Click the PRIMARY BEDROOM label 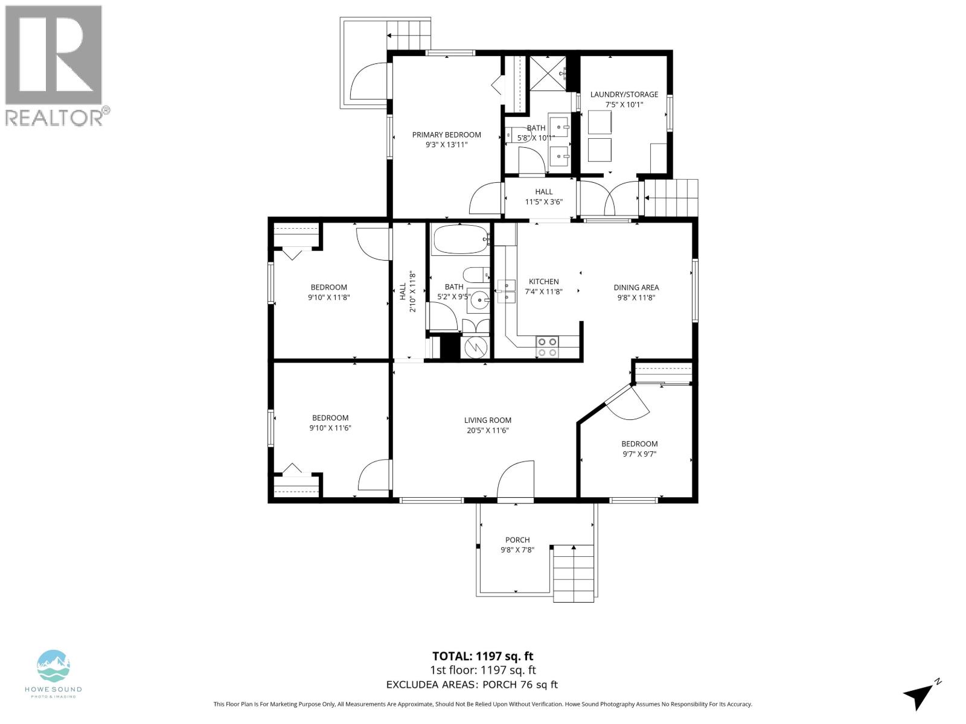446,135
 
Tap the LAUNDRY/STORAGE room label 624,94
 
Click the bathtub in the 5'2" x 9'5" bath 460,240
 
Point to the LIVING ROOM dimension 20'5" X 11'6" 487,430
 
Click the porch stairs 574,573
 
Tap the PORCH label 517,540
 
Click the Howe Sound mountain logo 54,666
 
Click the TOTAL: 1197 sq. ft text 482,656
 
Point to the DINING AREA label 636,287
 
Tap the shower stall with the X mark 548,73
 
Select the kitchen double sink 506,290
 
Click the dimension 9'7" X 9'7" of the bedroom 639,454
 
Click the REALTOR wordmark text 54,118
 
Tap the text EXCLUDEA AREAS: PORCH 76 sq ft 472,684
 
